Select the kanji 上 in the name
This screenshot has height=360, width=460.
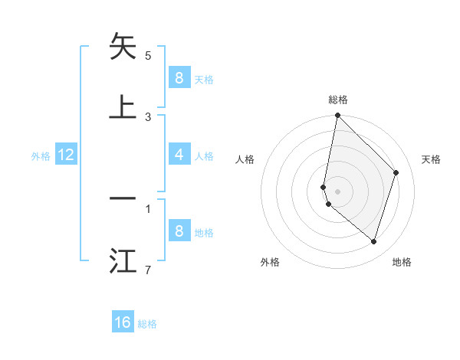(123, 106)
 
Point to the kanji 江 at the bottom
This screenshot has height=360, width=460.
(123, 260)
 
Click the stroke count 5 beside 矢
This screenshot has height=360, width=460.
(148, 56)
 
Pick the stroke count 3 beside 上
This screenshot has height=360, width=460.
(148, 116)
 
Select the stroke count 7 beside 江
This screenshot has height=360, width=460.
(148, 270)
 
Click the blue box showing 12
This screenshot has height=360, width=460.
(66, 155)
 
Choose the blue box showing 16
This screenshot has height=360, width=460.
(123, 322)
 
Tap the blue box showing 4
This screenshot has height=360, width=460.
(179, 155)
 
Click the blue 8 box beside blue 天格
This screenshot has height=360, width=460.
(179, 78)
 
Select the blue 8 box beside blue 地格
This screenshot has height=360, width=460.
(179, 231)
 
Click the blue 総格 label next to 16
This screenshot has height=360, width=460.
(147, 324)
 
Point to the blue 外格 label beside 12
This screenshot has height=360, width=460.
(41, 156)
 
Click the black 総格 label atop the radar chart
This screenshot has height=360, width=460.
(338, 100)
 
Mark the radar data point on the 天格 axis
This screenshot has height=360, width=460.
(396, 172)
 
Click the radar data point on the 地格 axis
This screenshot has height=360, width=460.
(373, 241)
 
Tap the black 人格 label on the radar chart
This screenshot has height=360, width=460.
(245, 159)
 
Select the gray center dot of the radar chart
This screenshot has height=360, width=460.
(338, 190)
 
